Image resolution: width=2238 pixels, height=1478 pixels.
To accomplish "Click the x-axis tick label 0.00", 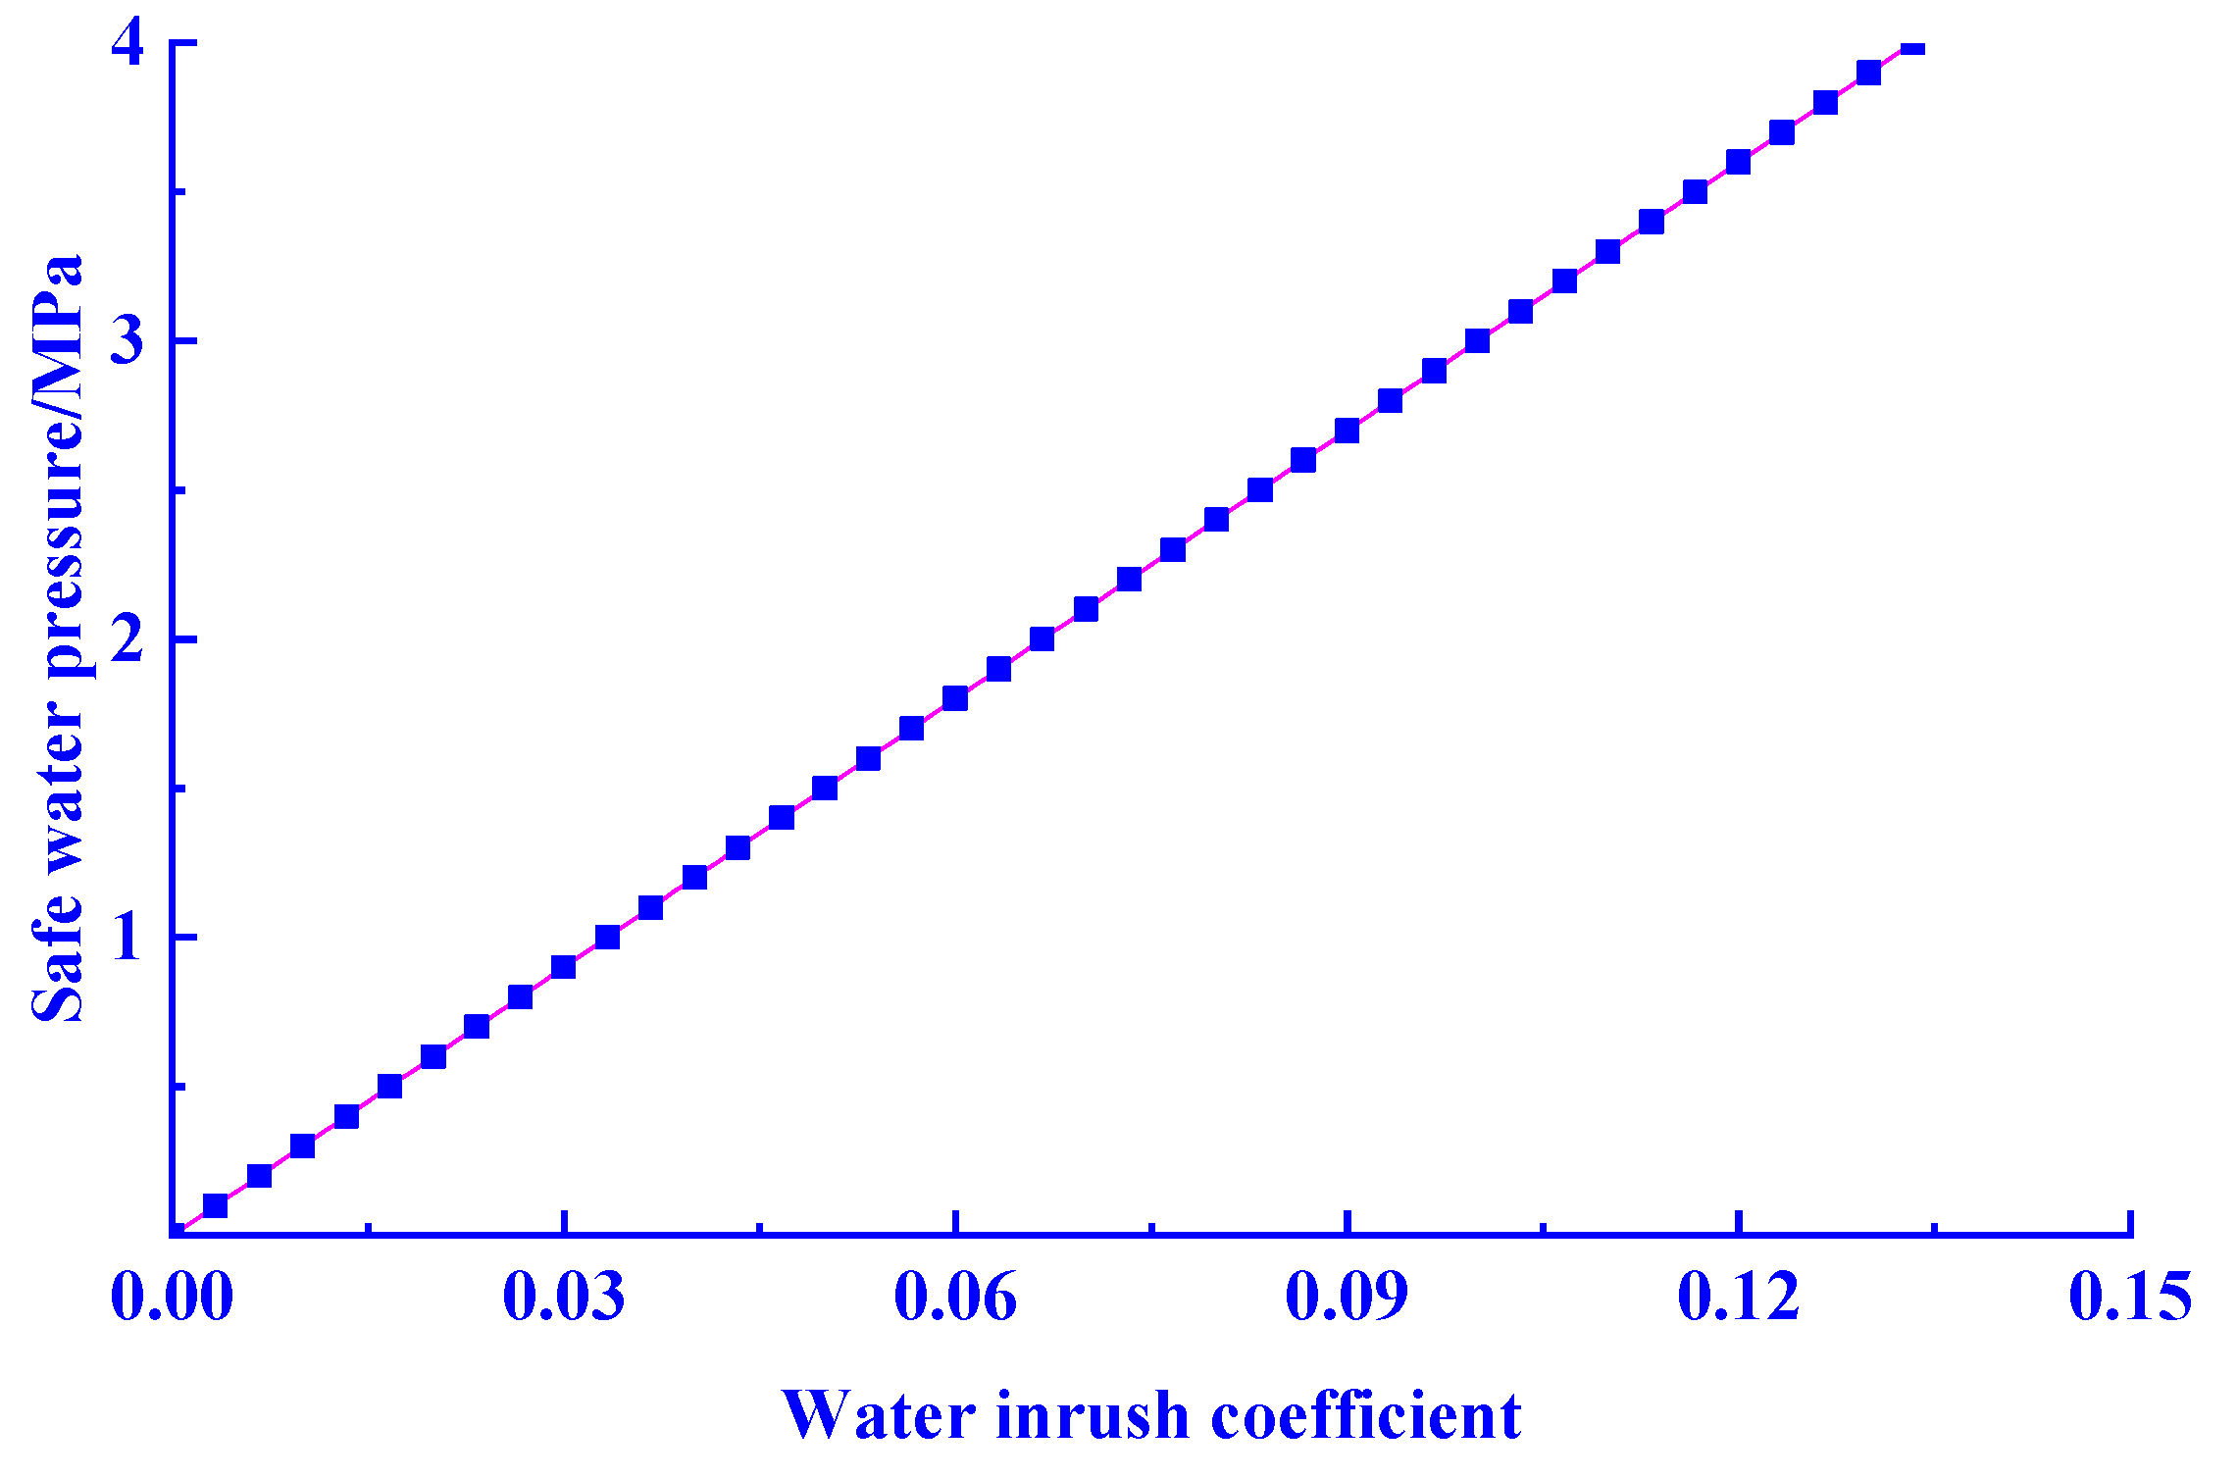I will [172, 1297].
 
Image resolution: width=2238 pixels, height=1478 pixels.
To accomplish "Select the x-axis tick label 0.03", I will [564, 1297].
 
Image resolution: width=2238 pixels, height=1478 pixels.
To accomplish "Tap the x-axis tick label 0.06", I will [955, 1297].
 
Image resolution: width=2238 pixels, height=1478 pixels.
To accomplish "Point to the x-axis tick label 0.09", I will [1347, 1297].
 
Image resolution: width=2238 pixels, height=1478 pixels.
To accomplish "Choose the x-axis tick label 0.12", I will [1739, 1297].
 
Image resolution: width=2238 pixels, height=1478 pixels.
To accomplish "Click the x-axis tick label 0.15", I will [2130, 1297].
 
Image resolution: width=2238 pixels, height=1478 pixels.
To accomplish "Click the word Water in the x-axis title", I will [879, 1415].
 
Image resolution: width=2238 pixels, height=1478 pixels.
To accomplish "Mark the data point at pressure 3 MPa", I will [1477, 341].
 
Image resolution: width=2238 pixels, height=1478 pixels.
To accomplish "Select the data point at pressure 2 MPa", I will [1042, 639].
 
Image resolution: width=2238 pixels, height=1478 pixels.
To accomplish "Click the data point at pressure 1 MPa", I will [607, 938].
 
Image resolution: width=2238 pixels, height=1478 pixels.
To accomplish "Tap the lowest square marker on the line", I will [215, 1205].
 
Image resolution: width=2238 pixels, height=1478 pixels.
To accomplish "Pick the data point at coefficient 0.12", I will [1738, 162].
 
